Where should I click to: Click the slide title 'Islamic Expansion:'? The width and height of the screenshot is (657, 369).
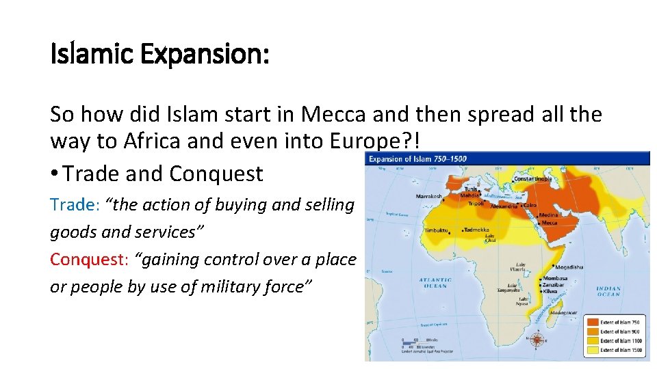click(159, 54)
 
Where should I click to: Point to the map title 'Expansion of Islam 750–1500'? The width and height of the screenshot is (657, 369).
click(418, 159)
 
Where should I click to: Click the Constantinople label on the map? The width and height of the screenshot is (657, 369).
click(533, 179)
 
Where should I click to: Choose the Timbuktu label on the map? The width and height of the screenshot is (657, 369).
click(435, 230)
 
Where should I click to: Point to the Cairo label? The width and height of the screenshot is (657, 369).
click(530, 205)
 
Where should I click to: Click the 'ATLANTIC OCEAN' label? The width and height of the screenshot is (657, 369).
click(435, 283)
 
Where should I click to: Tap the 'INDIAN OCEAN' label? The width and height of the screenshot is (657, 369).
click(608, 291)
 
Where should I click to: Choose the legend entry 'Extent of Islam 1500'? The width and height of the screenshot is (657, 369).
click(619, 350)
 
